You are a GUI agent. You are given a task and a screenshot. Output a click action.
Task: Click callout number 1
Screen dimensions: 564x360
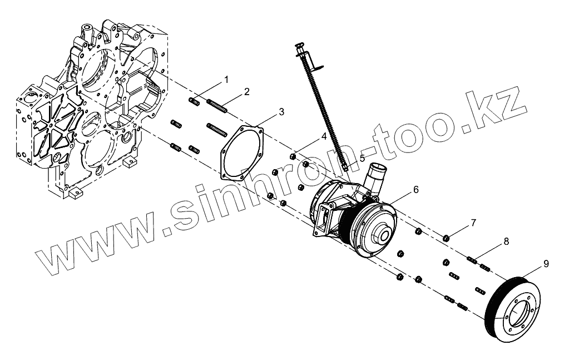[226, 80]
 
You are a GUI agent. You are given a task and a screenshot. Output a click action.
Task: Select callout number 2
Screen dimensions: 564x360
[246, 91]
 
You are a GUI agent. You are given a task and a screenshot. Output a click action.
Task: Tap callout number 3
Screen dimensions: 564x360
[281, 112]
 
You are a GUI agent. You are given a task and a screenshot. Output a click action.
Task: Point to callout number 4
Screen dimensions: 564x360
[323, 136]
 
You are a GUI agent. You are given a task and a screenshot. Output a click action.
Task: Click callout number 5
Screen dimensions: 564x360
[362, 158]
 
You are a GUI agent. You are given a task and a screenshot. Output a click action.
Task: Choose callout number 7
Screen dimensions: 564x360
[473, 223]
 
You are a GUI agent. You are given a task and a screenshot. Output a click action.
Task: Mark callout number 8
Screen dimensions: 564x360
[506, 241]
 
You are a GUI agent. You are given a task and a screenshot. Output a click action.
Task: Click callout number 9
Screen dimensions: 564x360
[546, 262]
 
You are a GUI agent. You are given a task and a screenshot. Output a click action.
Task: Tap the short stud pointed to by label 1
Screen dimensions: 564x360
[195, 101]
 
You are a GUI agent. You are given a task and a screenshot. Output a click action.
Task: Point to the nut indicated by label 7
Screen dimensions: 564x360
[446, 239]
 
